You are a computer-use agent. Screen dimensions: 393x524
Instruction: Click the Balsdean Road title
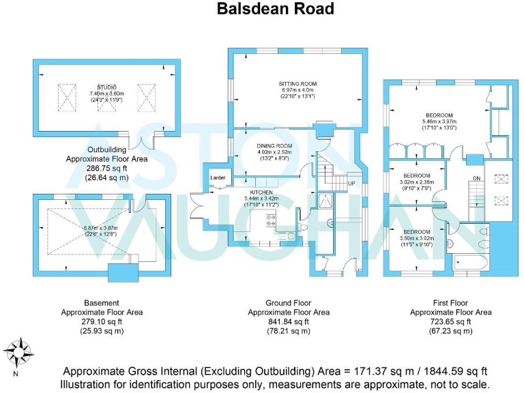(x=276, y=9)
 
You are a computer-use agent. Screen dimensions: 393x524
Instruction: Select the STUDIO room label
(x=106, y=87)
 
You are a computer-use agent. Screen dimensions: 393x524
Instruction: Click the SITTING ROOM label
(x=297, y=84)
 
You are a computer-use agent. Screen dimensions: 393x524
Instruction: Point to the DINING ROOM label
(x=274, y=146)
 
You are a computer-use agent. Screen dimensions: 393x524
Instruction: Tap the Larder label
(x=218, y=177)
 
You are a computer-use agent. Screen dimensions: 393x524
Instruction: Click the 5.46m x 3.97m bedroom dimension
(x=439, y=121)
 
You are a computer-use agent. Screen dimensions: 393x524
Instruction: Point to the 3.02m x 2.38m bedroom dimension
(x=416, y=182)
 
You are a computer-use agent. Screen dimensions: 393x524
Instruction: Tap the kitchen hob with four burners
(x=270, y=220)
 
